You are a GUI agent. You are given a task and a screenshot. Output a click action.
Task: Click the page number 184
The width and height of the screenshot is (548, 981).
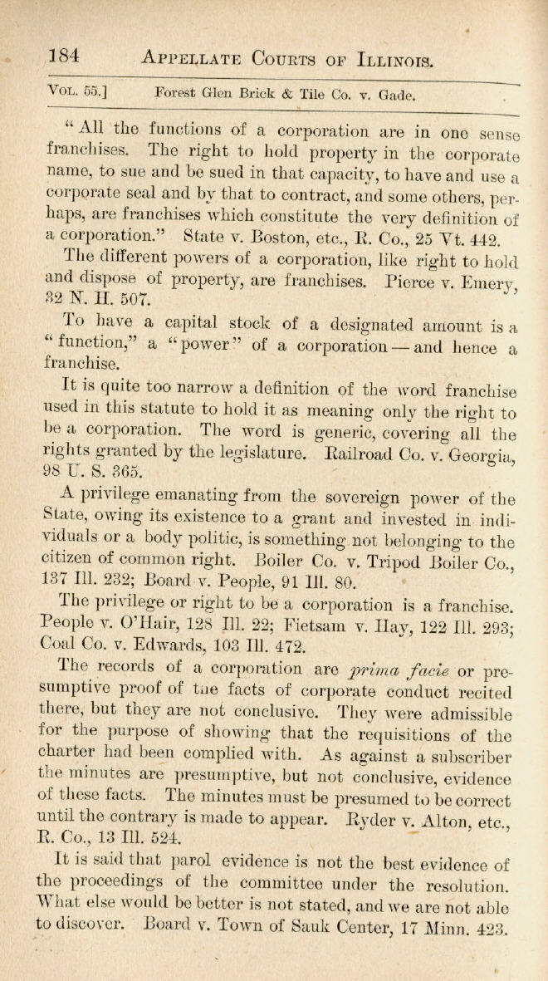[x=62, y=56]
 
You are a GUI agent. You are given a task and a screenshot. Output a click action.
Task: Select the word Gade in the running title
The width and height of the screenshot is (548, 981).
[x=397, y=96]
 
